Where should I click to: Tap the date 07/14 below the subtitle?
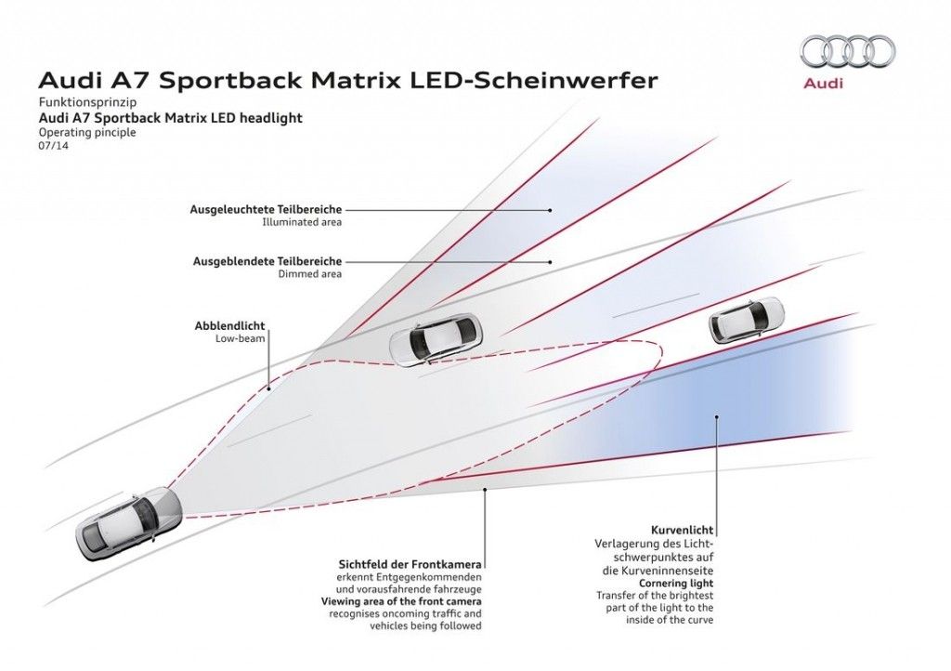(x=52, y=147)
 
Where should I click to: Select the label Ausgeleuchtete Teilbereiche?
(x=266, y=209)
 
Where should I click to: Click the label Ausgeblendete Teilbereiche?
(x=267, y=261)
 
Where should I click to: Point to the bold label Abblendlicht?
(x=229, y=326)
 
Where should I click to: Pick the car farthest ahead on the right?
(x=746, y=318)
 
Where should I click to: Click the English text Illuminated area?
(x=304, y=223)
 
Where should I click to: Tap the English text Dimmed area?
(x=310, y=274)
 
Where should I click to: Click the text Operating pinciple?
(x=87, y=133)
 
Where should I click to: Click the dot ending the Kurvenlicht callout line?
(x=716, y=418)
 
